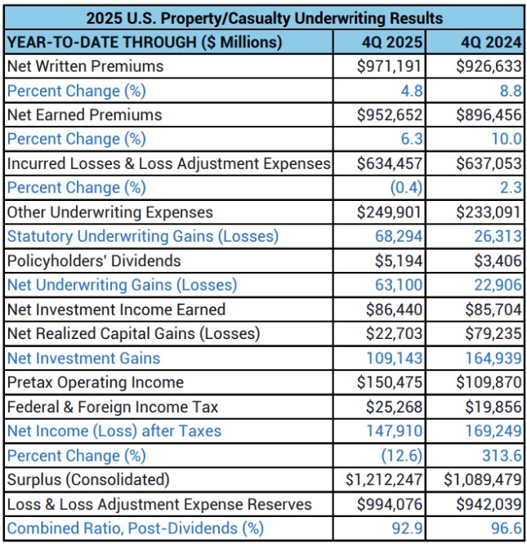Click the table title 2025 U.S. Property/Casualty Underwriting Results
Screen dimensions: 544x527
pyautogui.click(x=265, y=17)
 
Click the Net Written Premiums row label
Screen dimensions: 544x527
pyautogui.click(x=85, y=66)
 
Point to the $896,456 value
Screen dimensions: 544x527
pyautogui.click(x=489, y=115)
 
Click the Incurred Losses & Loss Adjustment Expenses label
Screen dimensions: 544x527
pyautogui.click(x=168, y=163)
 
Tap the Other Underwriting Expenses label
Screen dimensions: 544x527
pyautogui.click(x=109, y=212)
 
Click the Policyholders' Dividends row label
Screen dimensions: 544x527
pyautogui.click(x=94, y=261)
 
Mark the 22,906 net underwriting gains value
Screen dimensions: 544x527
pyautogui.click(x=498, y=285)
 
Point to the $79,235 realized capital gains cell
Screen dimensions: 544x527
pyautogui.click(x=493, y=333)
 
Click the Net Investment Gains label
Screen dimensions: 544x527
pyautogui.click(x=83, y=358)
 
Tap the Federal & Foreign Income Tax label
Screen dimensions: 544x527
pyautogui.click(x=113, y=407)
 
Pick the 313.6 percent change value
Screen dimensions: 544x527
pyautogui.click(x=502, y=456)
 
